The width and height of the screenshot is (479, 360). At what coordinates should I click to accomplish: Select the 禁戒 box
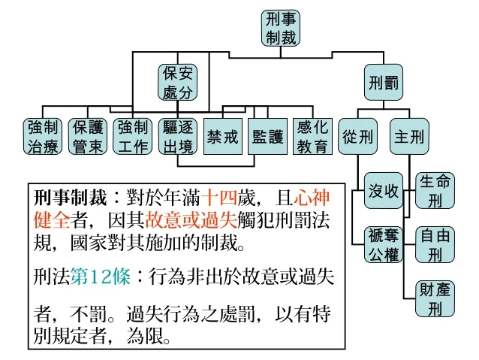click(224, 136)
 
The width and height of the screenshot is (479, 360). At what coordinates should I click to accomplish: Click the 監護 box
click(268, 136)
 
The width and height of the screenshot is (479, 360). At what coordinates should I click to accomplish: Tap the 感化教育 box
click(312, 136)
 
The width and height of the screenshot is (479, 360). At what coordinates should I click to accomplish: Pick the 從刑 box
click(358, 136)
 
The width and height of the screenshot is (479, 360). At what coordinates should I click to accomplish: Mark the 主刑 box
click(408, 136)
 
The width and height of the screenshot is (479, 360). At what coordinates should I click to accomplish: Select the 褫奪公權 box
click(383, 244)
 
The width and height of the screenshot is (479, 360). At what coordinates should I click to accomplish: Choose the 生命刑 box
click(435, 191)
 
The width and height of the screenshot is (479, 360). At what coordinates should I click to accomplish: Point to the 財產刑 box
click(435, 298)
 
